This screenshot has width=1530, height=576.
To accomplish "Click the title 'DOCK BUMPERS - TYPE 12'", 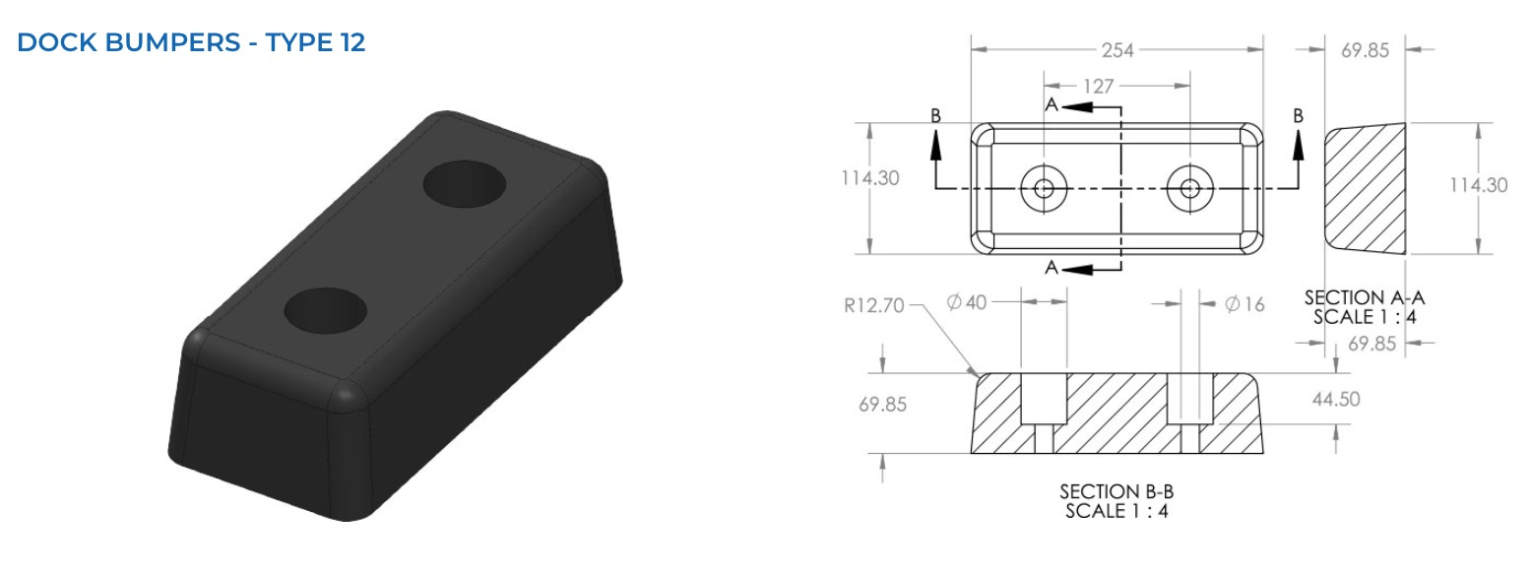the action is click(x=191, y=42).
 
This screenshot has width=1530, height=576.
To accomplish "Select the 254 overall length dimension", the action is click(x=1117, y=50).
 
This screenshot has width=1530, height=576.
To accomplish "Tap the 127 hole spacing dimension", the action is click(x=1099, y=87).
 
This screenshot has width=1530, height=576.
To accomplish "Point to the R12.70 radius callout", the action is click(x=873, y=305).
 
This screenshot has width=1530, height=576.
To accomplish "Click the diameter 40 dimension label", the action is click(x=967, y=302).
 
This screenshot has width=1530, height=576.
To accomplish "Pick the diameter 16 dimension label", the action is click(x=1244, y=305).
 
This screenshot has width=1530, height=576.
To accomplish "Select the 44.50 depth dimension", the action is click(x=1336, y=399).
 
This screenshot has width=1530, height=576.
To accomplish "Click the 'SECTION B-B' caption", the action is click(x=1116, y=492).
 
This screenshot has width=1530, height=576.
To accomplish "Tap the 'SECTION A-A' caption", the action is click(x=1364, y=298).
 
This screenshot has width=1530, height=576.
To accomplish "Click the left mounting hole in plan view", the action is click(x=1044, y=188).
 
